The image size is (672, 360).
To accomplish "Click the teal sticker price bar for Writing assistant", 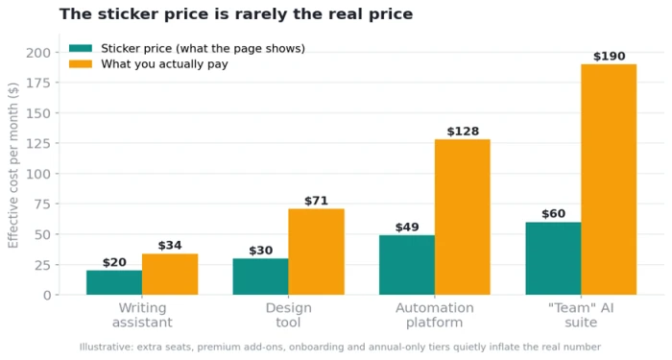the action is tap(114, 282).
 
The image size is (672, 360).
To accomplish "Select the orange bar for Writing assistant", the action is tap(170, 275).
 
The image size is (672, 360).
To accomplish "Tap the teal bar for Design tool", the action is tap(260, 276).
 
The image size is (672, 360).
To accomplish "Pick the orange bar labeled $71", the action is tap(316, 252).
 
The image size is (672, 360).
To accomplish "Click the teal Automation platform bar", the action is tap(407, 265).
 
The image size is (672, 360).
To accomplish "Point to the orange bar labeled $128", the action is tap(463, 217).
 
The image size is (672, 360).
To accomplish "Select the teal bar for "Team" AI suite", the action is tap(553, 258).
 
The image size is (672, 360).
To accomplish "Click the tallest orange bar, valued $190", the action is tap(609, 180).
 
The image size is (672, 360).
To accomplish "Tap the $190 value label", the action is tap(609, 56).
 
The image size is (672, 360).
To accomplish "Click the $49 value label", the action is tap(407, 228).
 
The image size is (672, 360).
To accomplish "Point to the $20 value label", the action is tap(114, 262).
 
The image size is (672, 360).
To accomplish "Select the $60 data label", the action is tap(553, 214).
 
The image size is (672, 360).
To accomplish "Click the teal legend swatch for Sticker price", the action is tap(81, 48).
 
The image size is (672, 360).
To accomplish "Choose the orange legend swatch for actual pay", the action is tap(81, 64).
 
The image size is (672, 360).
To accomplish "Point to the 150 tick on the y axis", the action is tap(38, 113).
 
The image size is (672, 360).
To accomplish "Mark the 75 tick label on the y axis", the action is tap(42, 204).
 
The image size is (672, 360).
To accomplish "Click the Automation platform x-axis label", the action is tap(435, 315).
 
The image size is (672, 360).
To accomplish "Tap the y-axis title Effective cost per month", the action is tap(13, 165).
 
